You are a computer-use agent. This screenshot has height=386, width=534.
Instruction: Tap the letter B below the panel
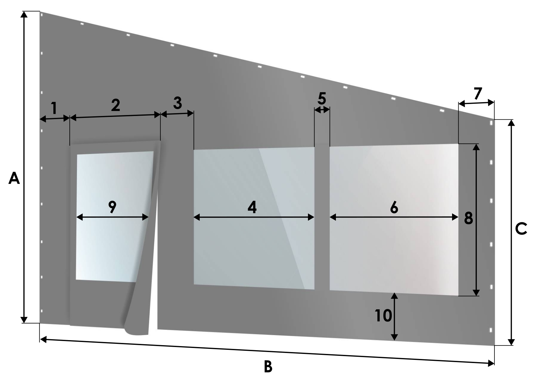[268, 367]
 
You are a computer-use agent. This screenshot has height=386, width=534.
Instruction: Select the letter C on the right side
[521, 229]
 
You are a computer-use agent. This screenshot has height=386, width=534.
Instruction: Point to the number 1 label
[54, 108]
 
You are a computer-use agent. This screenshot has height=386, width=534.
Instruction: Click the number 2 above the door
[116, 105]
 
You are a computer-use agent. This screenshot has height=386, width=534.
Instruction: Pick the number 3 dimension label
[178, 103]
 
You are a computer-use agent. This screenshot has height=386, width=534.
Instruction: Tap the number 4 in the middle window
[252, 207]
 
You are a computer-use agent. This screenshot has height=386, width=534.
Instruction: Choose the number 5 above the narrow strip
[322, 98]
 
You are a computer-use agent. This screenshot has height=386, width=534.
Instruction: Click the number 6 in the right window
[394, 207]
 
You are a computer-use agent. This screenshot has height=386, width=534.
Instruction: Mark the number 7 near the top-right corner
[478, 93]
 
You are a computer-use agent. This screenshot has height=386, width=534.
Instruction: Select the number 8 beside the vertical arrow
[468, 218]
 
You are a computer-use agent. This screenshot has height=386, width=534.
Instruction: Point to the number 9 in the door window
[112, 207]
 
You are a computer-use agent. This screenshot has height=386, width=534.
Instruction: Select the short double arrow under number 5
[322, 110]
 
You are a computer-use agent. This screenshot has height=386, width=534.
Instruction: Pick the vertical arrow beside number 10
[395, 317]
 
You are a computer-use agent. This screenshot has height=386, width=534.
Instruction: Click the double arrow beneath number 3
[177, 114]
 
